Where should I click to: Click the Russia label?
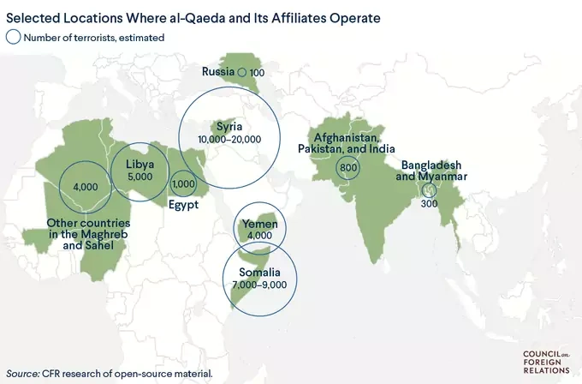[218, 72]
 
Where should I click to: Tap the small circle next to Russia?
[241, 73]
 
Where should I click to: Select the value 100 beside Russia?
[257, 73]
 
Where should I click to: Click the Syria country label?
[229, 127]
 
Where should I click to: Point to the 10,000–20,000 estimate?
[229, 139]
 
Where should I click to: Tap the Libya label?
[139, 164]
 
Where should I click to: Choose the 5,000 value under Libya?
[139, 176]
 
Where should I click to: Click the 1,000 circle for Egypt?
[184, 183]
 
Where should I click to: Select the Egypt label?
[183, 205]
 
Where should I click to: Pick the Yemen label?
[259, 224]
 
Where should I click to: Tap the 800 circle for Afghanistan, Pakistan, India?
[347, 168]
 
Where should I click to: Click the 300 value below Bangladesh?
[429, 203]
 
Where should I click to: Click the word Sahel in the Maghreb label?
[110, 247]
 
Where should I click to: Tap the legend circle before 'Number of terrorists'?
[13, 37]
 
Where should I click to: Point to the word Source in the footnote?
[23, 373]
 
